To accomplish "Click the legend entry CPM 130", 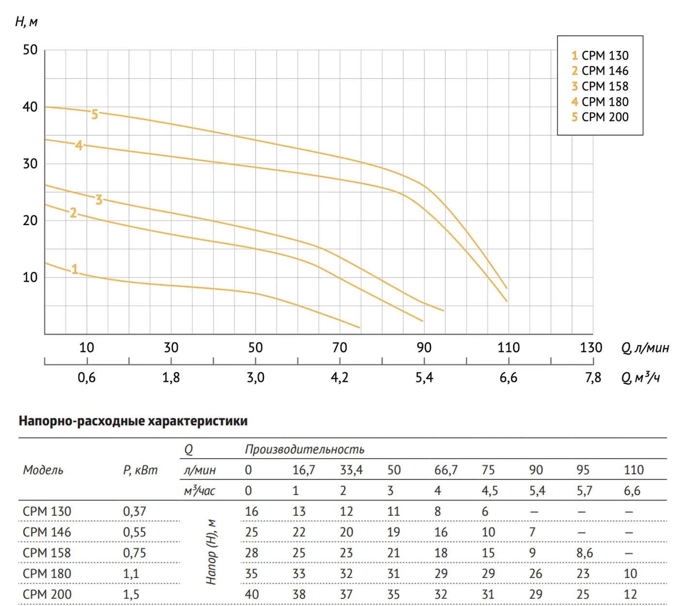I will [600, 56].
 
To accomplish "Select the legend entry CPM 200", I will [600, 117].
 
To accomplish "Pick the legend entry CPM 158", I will [600, 86].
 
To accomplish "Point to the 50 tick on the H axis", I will [30, 50].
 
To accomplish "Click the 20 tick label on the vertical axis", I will [30, 221].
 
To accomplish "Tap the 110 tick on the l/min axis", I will [508, 348].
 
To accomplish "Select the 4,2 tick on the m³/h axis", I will [340, 378].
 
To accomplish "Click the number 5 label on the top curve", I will [95, 115].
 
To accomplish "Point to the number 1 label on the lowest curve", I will [75, 269].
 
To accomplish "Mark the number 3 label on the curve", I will [99, 200].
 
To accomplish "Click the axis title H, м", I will [26, 22].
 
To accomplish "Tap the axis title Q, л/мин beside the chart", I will [645, 348].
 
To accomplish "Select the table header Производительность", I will [304, 449].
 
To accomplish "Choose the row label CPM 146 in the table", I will [47, 532].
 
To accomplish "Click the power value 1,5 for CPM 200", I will [131, 594].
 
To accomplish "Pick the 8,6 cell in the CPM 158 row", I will [585, 553].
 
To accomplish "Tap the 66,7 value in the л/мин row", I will [446, 470].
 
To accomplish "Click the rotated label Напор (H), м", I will [212, 552].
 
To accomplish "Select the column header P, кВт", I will [140, 470].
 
